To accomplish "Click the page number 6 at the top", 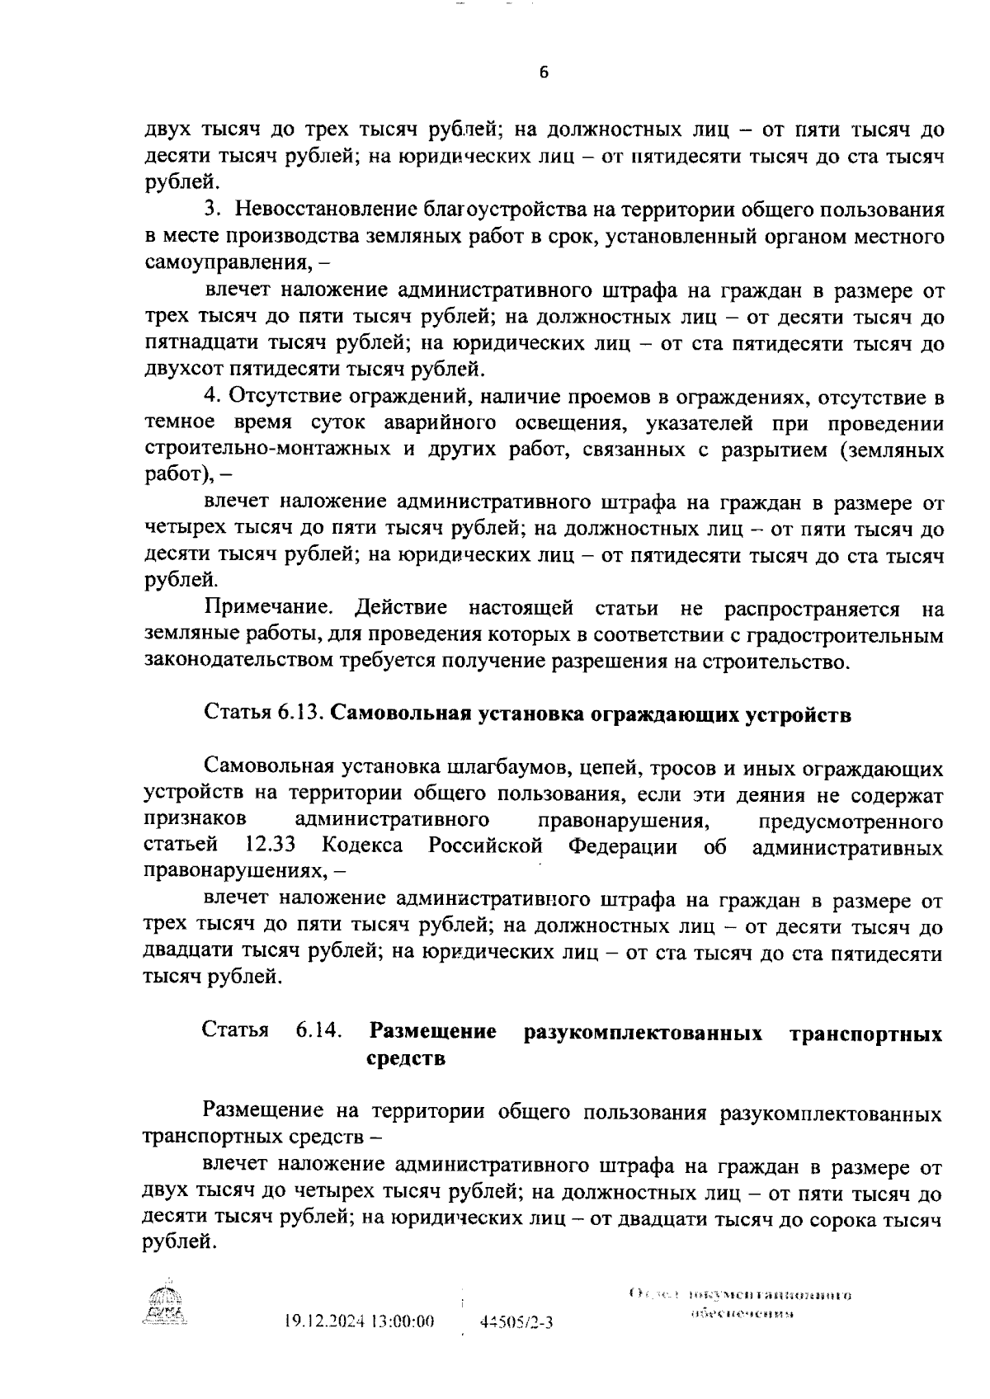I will (544, 73).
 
